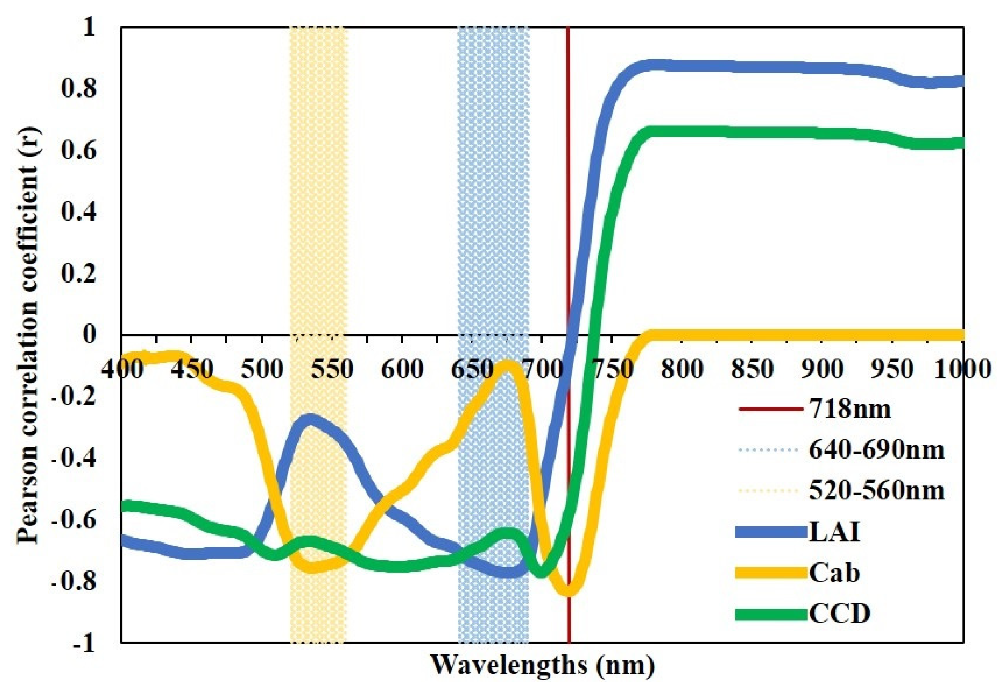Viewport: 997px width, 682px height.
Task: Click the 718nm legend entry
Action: tap(849, 409)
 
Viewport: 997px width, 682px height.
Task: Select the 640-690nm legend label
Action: tap(876, 450)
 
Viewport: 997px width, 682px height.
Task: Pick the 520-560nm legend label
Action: tap(876, 491)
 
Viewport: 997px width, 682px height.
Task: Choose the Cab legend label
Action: tap(834, 573)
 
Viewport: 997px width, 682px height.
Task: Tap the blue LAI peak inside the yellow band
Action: tap(310, 419)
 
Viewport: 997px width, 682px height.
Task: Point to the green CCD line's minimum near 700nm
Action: tap(541, 572)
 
